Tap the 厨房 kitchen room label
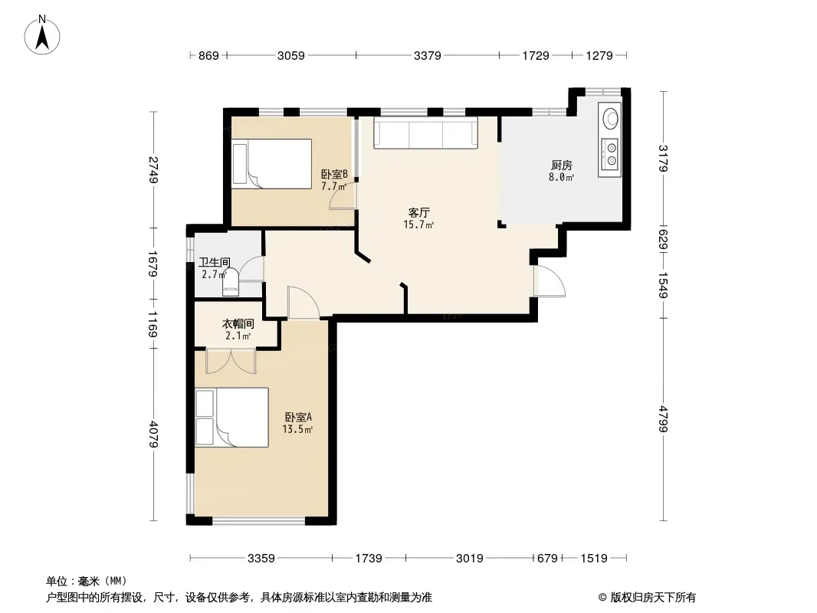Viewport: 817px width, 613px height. click(x=561, y=165)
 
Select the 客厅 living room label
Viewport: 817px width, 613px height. click(x=418, y=212)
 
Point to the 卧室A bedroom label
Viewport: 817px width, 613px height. click(x=298, y=417)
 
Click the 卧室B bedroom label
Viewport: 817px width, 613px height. click(x=334, y=174)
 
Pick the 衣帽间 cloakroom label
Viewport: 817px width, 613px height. click(x=238, y=323)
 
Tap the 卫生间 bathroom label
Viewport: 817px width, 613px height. click(x=214, y=263)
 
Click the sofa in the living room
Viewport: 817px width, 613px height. click(x=425, y=133)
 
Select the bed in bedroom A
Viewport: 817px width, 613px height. click(x=232, y=417)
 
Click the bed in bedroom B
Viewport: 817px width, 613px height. click(x=271, y=163)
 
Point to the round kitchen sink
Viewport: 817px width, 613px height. click(x=610, y=119)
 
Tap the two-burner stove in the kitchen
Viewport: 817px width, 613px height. click(x=609, y=154)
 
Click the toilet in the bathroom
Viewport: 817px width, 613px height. click(x=230, y=280)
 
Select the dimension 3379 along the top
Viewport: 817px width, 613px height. click(x=427, y=55)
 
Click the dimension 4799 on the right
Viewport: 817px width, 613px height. click(x=662, y=418)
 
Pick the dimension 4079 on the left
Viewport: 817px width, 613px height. click(x=153, y=434)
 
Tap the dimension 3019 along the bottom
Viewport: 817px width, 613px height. click(x=470, y=559)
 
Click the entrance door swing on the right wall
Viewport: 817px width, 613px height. click(x=550, y=281)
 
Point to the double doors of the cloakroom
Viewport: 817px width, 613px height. click(x=231, y=361)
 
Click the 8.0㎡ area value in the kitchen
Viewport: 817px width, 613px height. click(x=561, y=177)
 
